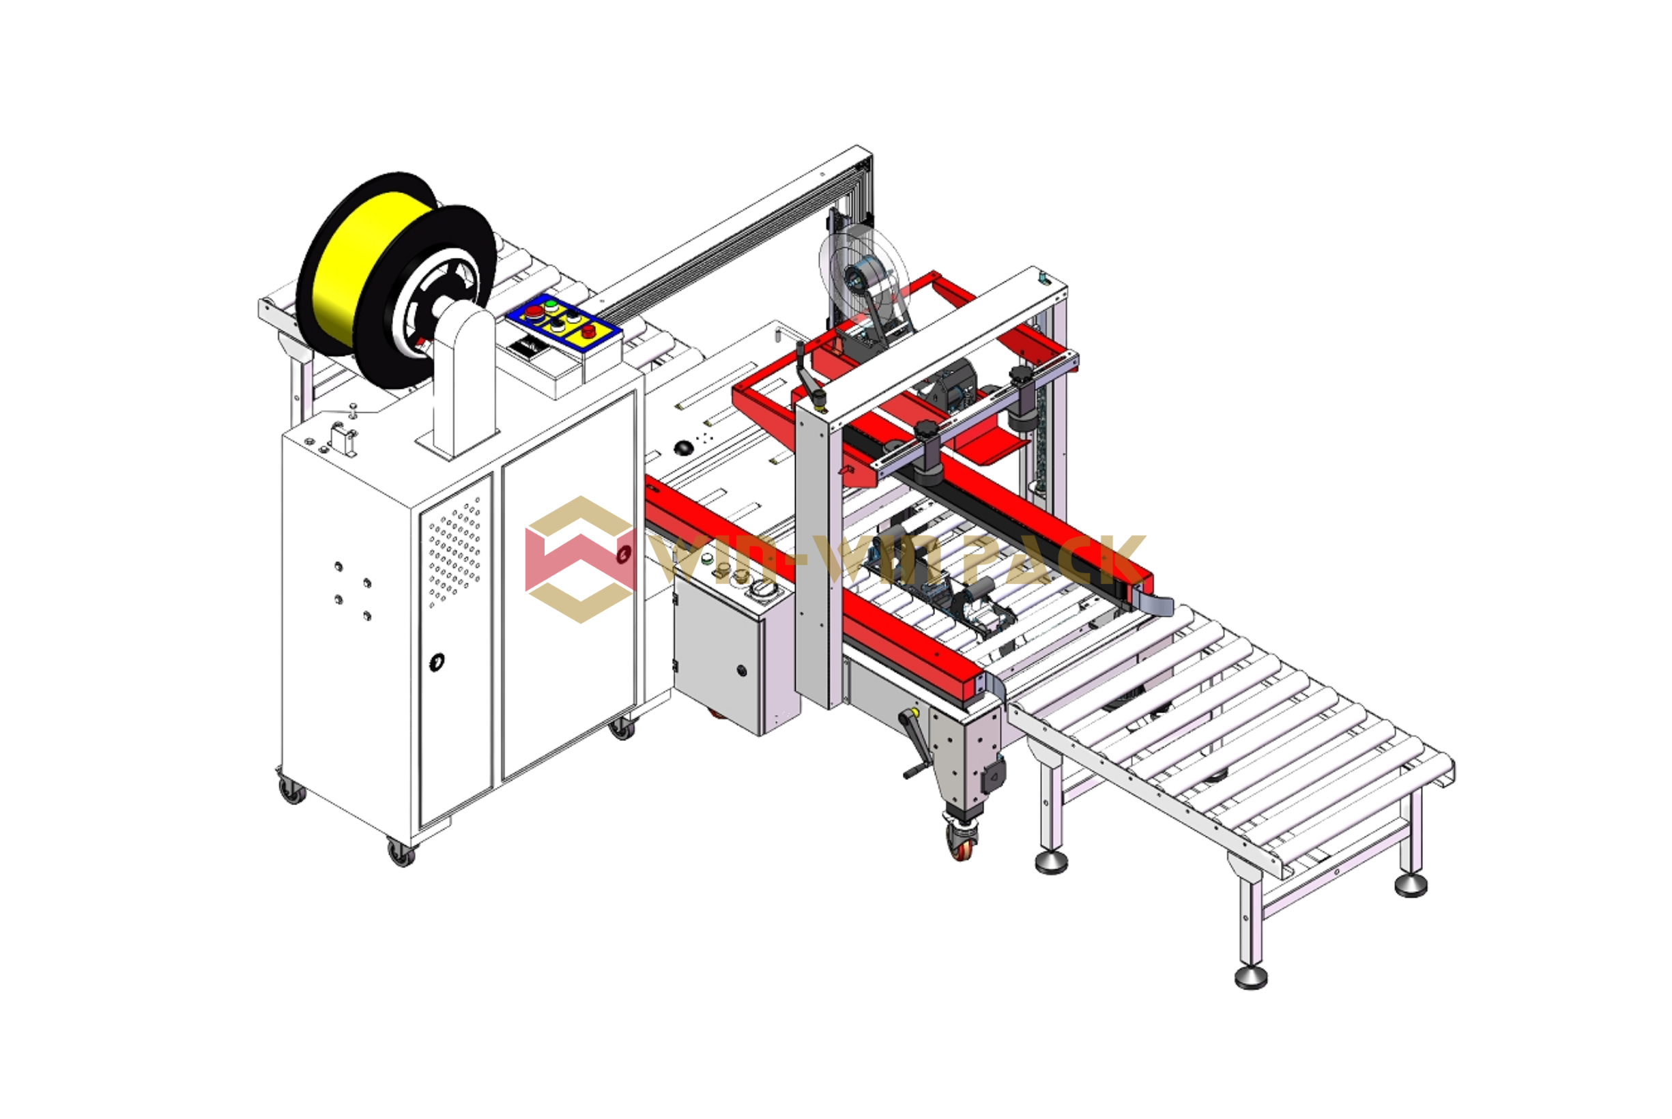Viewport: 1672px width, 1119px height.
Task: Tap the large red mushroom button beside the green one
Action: (x=533, y=311)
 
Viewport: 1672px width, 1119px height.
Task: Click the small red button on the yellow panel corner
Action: (x=588, y=331)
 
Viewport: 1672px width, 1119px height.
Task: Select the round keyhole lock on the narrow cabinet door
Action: (x=437, y=662)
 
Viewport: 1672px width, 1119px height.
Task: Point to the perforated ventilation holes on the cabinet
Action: (x=454, y=551)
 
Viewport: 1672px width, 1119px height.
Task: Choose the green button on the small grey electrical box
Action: (x=707, y=559)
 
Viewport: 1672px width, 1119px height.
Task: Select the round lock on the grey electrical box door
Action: (x=742, y=671)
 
